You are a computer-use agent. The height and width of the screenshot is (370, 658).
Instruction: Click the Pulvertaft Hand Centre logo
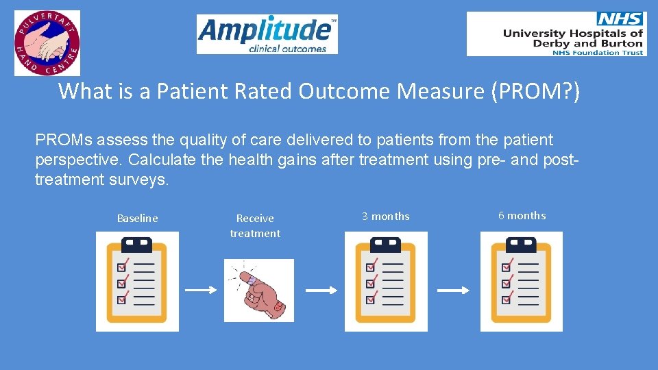47,42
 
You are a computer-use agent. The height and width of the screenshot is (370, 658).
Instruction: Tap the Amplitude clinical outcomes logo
267,34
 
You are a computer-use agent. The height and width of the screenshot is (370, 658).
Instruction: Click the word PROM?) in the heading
535,91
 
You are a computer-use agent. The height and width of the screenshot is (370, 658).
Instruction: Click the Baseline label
137,219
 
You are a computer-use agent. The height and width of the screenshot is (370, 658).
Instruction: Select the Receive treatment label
255,225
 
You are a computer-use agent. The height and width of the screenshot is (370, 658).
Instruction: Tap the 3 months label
386,217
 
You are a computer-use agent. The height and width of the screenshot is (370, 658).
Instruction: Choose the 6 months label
522,216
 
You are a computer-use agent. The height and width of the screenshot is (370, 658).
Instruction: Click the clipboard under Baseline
137,281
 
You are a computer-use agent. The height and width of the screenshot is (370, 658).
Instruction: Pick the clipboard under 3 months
386,281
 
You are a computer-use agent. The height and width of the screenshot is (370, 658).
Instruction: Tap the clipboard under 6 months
522,281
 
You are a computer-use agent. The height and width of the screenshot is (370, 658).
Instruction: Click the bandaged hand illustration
259,290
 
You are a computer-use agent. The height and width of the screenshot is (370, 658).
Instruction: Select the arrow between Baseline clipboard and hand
202,291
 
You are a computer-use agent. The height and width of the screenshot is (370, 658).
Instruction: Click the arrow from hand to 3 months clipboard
322,291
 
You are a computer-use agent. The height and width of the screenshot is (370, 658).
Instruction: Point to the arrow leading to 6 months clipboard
454,291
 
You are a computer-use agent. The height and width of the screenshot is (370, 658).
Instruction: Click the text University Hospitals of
572,33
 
